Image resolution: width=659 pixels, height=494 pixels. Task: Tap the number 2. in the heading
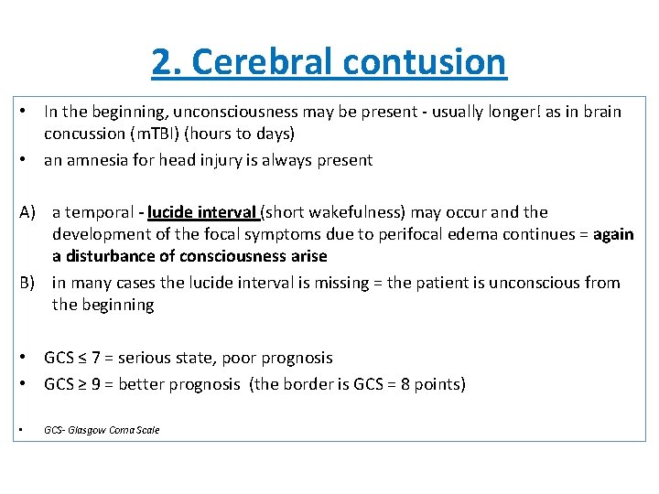pos(166,62)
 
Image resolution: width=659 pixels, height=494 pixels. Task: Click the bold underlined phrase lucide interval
pos(201,212)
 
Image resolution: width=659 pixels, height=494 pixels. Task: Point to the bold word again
pos(613,234)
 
